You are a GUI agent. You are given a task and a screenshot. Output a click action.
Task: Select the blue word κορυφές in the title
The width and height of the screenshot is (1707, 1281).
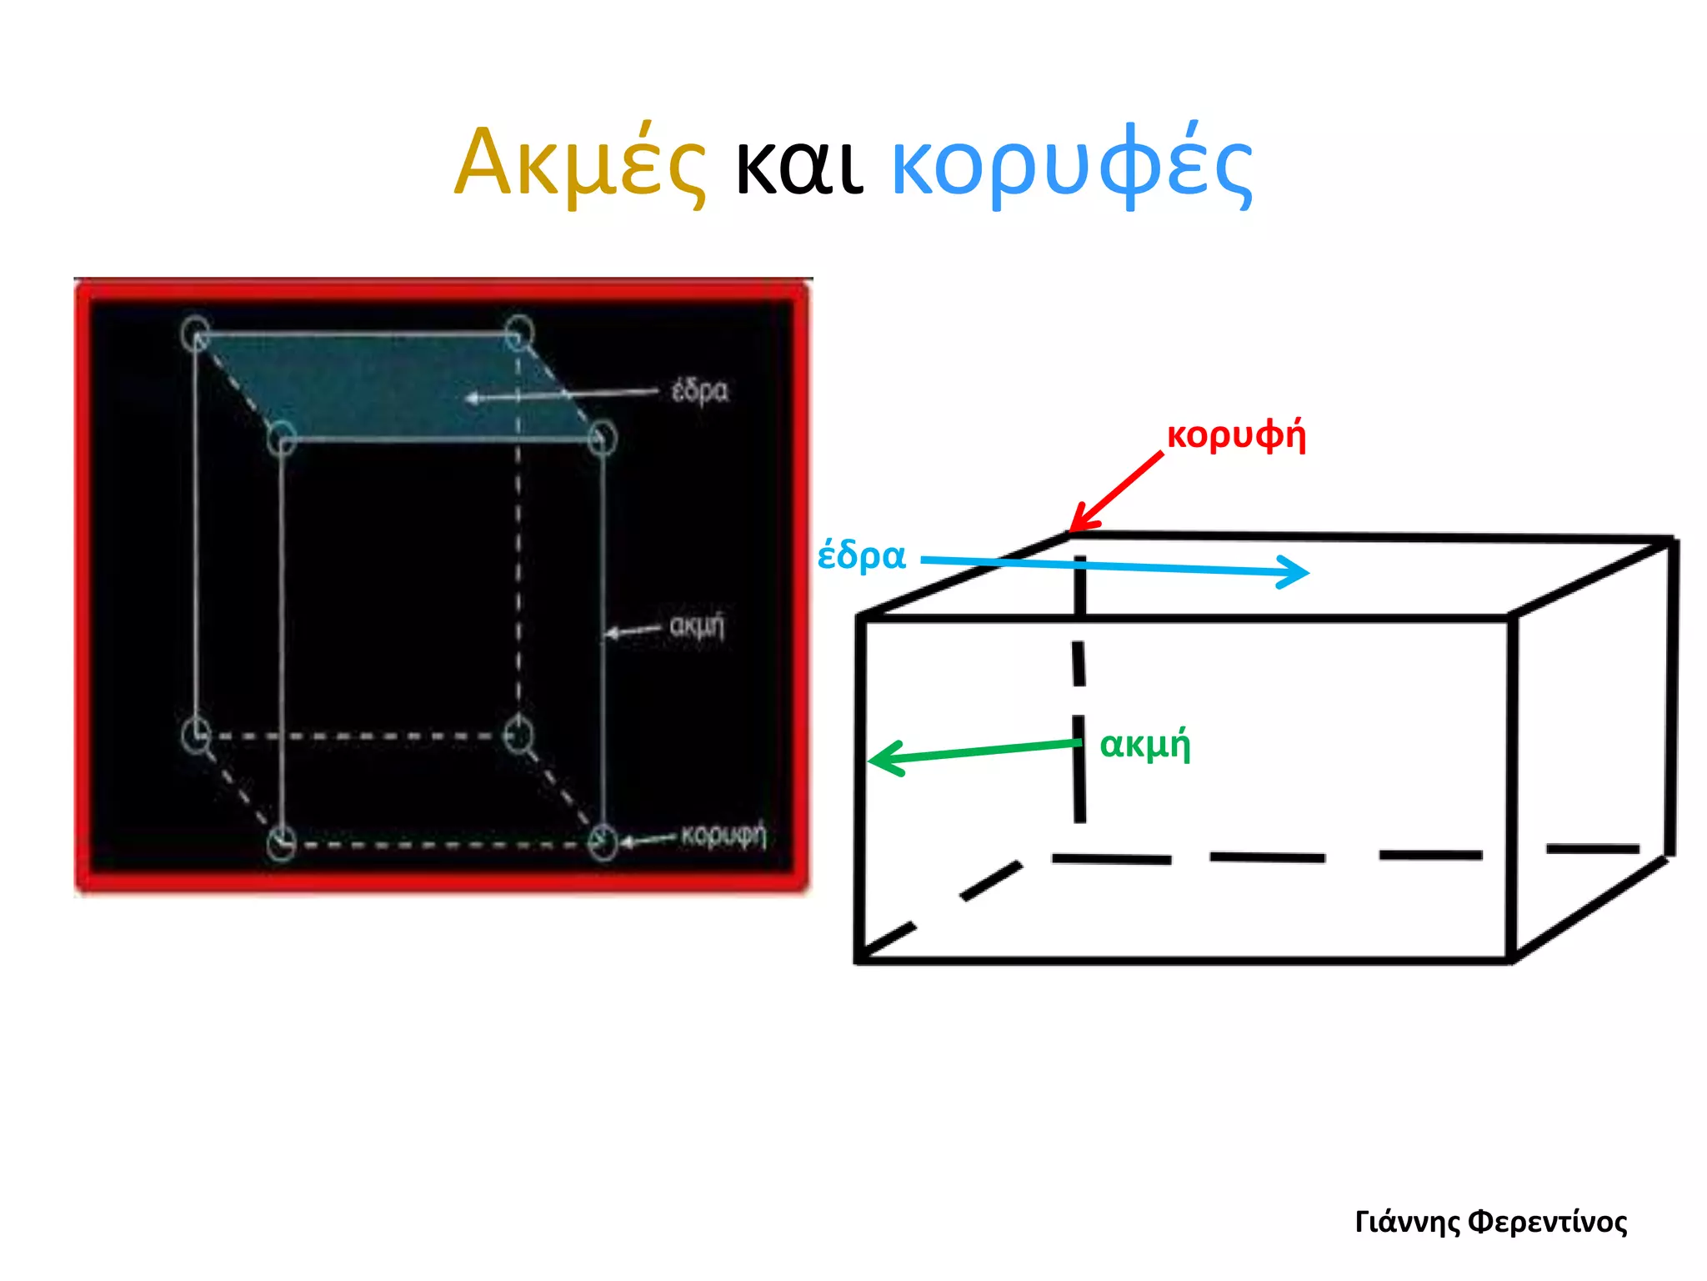coord(1072,164)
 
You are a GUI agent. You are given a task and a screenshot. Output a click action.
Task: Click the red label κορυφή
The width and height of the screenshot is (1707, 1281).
coord(1236,435)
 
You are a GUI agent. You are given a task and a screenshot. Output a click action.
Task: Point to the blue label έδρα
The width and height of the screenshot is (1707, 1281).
coord(861,555)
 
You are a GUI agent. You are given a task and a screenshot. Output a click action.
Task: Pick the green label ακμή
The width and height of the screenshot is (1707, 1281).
coord(1144,745)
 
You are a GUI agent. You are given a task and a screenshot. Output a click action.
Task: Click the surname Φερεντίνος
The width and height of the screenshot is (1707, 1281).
coord(1547,1222)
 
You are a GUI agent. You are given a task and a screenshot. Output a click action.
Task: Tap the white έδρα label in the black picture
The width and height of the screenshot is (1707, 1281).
coord(699,390)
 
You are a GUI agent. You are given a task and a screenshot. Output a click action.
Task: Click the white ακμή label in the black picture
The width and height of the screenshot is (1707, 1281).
coord(697,625)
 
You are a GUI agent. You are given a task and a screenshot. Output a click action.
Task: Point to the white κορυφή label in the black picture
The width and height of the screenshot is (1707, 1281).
coord(723,834)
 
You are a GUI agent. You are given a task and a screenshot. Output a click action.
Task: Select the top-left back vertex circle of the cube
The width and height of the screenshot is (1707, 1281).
coord(196,334)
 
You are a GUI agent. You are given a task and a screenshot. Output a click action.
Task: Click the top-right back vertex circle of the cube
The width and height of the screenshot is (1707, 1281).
coord(518,332)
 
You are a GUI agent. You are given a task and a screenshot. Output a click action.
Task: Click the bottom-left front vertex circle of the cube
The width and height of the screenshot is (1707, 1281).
coord(282,843)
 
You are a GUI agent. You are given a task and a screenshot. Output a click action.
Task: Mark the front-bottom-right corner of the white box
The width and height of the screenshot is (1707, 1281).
coord(1511,960)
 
